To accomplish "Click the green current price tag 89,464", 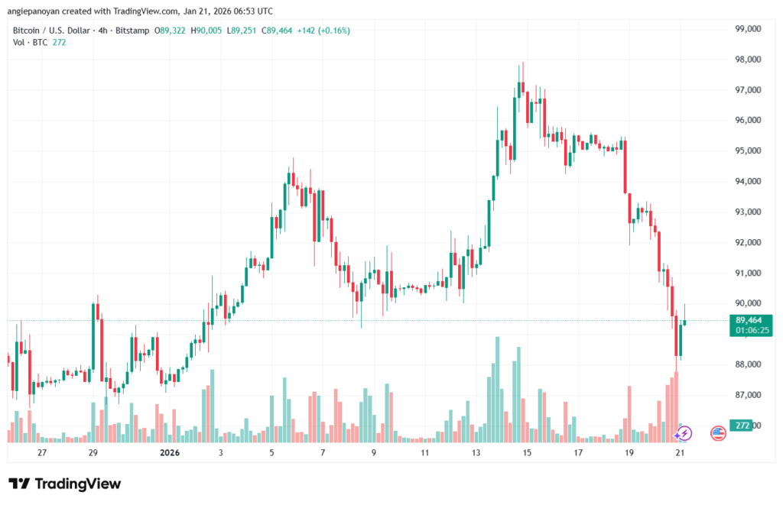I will coord(749,320).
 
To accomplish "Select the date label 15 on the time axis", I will coord(527,453).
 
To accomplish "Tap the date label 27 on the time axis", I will coord(42,453).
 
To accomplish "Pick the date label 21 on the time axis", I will coord(680,453).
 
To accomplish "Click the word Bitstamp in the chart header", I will coord(133,31).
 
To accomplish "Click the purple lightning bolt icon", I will coord(684,433).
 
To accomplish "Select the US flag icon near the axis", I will coord(718,433).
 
